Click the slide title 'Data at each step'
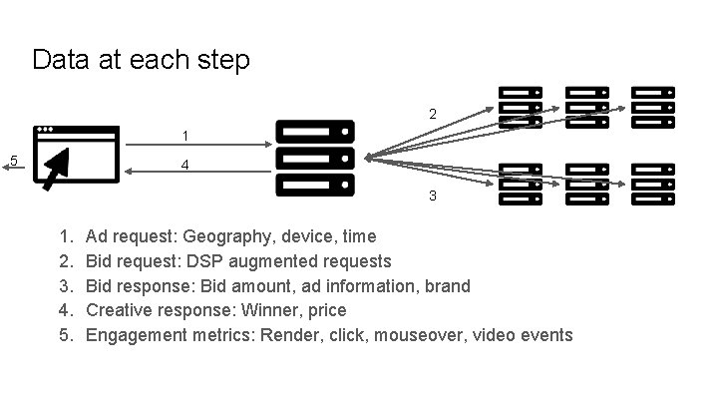[141, 60]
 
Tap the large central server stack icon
[314, 158]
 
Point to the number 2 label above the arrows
[432, 115]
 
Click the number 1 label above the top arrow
[185, 135]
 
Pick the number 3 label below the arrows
[432, 196]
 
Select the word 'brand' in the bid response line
[446, 286]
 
